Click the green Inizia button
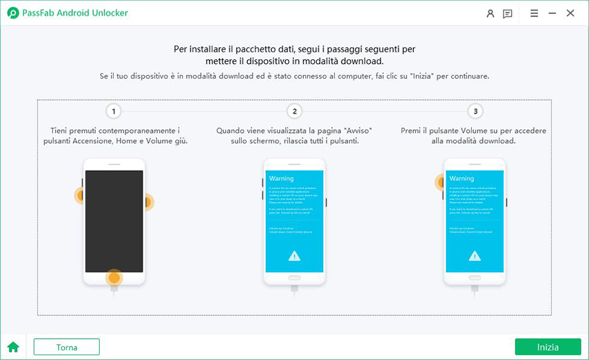pos(548,347)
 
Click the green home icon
pos(13,347)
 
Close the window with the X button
pos(570,13)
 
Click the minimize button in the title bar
pos(552,13)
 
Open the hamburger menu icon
pos(534,13)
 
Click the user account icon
pos(490,13)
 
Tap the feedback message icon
pos(508,13)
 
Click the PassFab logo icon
pos(12,13)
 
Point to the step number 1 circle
pos(114,111)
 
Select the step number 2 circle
pos(294,111)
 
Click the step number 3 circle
pos(475,111)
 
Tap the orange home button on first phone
pos(114,278)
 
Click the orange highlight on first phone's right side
pos(146,202)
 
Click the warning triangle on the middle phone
pos(294,255)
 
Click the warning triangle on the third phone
pos(475,255)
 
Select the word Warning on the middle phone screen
pos(281,178)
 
